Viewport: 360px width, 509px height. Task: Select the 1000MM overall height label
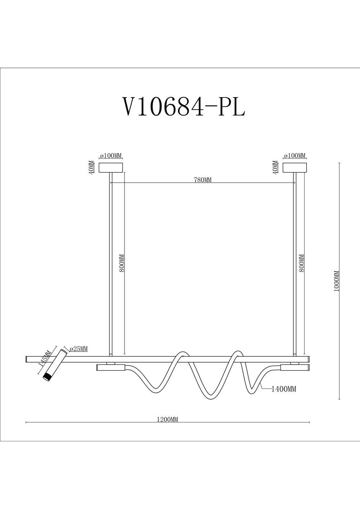tap(337, 281)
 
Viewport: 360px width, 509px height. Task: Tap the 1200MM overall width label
tap(167, 419)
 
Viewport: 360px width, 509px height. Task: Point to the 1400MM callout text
tap(284, 389)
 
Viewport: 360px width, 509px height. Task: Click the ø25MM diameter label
tap(78, 349)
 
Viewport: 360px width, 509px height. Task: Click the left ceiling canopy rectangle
tap(111, 168)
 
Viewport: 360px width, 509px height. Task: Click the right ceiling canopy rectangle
tap(295, 168)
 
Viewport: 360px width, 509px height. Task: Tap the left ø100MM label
tap(111, 156)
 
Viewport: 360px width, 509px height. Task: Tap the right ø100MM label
tap(295, 156)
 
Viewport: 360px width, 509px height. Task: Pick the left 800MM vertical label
tap(122, 263)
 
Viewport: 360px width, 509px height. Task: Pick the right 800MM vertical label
tap(302, 263)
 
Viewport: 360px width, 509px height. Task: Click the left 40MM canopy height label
tap(91, 168)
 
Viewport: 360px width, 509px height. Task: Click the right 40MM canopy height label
tap(276, 168)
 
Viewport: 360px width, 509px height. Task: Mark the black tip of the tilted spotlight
tap(46, 377)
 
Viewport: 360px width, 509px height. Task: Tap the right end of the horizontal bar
tap(308, 359)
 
